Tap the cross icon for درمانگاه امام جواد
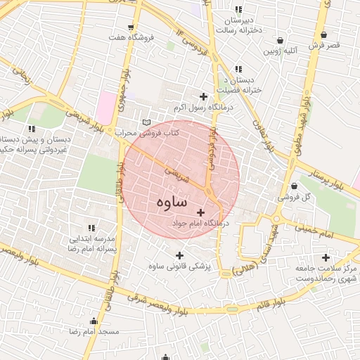(202, 212)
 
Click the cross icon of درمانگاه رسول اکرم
(204, 96)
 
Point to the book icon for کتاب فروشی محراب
(146, 122)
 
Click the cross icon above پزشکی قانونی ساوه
(179, 255)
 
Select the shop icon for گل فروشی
(293, 186)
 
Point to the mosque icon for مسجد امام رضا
(94, 321)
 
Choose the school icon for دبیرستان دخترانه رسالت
(238, 10)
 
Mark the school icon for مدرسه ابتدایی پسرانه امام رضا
(91, 228)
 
